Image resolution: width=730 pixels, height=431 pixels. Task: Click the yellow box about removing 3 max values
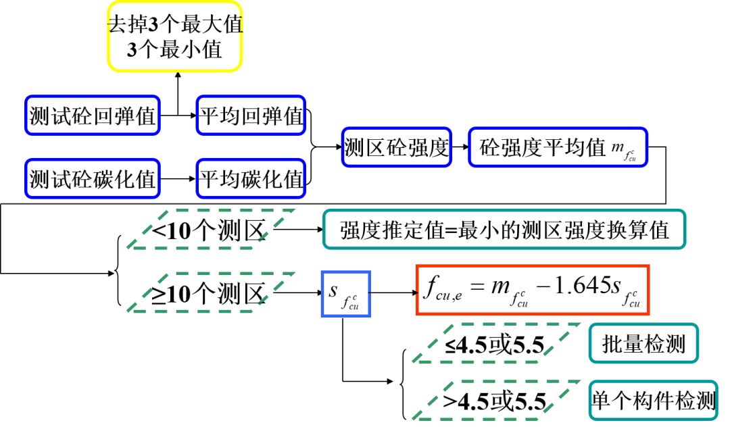coord(174,36)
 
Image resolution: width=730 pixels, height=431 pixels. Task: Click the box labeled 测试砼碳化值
coord(93,179)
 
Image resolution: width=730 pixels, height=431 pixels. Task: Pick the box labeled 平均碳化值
coord(250,179)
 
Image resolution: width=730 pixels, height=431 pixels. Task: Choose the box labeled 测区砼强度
coord(396,147)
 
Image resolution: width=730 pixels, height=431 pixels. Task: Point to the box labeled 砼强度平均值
coord(557,147)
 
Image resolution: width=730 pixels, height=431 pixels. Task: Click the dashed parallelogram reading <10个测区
coord(209,230)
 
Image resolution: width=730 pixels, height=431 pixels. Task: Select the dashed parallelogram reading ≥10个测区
coord(209,293)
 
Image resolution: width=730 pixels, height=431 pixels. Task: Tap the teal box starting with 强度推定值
coord(504,230)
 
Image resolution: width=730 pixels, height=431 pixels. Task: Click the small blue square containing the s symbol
coord(345,293)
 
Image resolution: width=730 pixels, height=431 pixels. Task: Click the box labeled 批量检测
coord(643,345)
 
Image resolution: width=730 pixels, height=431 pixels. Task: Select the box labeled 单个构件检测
coord(653,401)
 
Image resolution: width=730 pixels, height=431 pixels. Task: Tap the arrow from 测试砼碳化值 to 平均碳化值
coord(178,179)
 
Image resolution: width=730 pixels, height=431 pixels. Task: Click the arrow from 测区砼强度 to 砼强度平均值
coord(460,147)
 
